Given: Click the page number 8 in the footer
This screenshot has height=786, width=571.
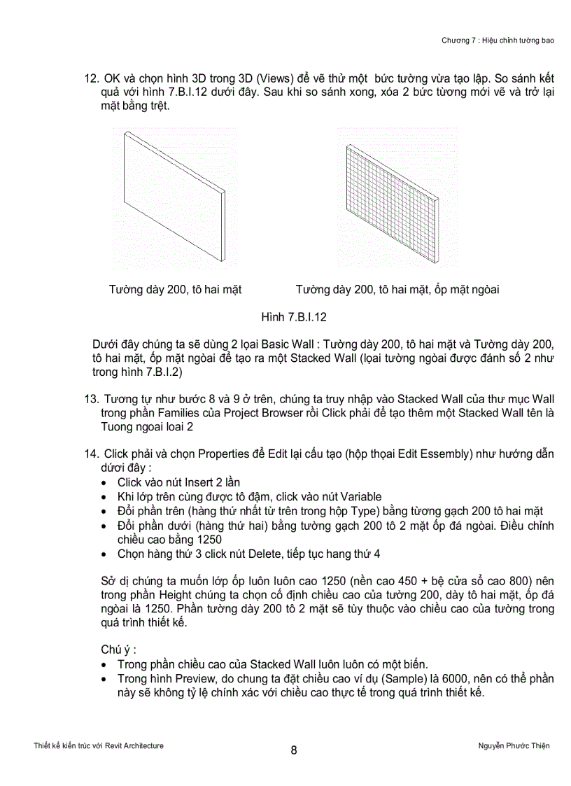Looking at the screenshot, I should (294, 750).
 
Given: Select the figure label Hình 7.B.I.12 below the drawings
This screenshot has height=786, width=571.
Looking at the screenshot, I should (294, 317).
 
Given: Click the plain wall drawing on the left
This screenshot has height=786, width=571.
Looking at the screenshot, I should (175, 196).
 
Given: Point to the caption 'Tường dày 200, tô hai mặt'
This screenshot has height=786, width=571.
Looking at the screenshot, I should (175, 289).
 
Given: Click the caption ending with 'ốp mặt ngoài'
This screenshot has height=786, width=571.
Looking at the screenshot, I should (397, 289).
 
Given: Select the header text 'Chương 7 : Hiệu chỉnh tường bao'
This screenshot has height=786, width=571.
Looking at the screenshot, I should (498, 40).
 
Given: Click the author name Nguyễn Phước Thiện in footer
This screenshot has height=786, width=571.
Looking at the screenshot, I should (509, 745).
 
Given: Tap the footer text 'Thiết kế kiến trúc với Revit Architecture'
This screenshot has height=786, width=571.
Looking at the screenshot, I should (99, 745).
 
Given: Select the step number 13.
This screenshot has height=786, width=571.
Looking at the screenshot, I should (90, 399).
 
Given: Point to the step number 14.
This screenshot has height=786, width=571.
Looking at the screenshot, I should (90, 454).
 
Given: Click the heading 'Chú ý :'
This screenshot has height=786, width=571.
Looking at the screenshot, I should (114, 649).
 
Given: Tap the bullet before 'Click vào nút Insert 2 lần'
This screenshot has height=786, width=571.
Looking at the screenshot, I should (104, 483).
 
